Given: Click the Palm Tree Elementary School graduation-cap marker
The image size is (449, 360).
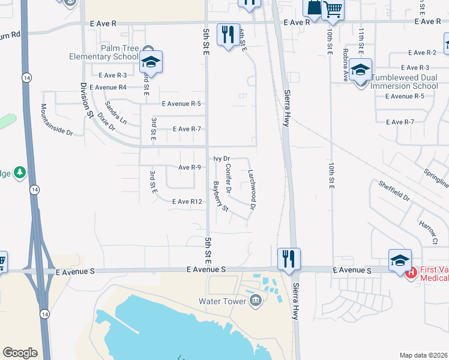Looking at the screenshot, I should point(151,62).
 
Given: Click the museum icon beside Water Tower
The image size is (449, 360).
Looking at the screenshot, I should point(256,300).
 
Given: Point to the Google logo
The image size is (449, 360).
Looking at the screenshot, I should point(20,353).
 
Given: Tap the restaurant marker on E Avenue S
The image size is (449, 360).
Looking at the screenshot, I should point(289,259).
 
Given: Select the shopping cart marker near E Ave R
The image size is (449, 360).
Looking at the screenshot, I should point(333,9).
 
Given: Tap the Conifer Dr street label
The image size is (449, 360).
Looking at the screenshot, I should point(229,178).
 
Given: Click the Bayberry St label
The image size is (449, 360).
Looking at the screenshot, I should point(220,196).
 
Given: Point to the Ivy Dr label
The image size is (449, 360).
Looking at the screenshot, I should point(222,158).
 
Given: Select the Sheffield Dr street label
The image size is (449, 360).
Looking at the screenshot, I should point(394,189).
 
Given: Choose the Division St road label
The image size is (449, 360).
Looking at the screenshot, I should point(85,97).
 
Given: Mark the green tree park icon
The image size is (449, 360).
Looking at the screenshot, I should point(20,173).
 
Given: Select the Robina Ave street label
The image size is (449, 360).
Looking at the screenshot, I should point(346,65).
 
